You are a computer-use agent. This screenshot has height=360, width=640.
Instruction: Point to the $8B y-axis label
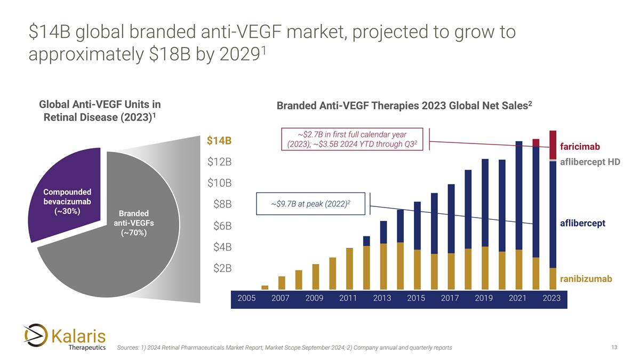point(220,204)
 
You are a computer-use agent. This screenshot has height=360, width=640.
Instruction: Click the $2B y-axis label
point(220,268)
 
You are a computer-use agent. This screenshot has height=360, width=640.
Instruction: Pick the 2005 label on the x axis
point(246,298)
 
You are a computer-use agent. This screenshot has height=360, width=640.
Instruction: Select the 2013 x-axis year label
point(382,298)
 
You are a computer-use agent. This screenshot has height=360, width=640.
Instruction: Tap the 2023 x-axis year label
point(551,298)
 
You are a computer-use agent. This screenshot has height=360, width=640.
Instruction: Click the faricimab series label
point(580,146)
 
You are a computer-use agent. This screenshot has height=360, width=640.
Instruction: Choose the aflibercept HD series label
point(590,162)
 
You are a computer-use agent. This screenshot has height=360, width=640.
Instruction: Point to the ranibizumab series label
point(586,278)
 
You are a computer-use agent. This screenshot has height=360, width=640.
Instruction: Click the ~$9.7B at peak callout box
point(311,204)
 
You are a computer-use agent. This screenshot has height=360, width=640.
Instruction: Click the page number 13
point(614,347)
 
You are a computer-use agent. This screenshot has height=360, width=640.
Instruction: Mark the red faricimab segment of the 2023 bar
point(553,144)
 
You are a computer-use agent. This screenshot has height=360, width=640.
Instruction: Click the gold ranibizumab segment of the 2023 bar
point(553,276)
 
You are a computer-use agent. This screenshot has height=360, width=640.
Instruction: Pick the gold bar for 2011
point(349,266)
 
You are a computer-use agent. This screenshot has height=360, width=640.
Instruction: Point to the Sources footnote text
point(284,348)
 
